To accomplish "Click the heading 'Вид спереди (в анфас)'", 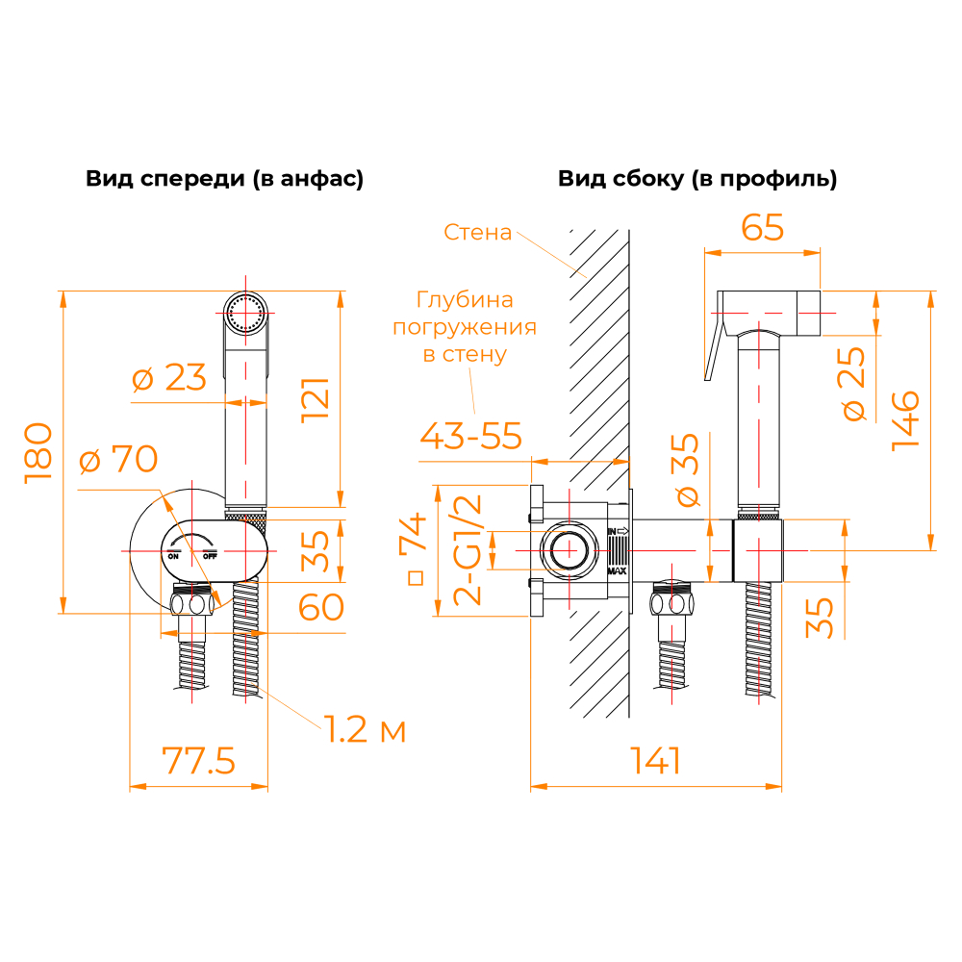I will pos(225,179).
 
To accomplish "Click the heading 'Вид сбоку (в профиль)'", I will pos(697,179).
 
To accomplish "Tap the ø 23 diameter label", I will pos(168,378).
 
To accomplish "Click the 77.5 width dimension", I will pos(199,760).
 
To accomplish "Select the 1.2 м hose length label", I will pos(364,730).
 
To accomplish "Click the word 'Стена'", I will pos(478,232).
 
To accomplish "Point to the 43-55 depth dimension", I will pos(471,436).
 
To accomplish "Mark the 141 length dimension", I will pos(656,761).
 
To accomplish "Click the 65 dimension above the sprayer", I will pos(763,228).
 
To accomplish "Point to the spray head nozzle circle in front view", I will pos(246,314).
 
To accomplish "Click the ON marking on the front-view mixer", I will pos(173,556).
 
